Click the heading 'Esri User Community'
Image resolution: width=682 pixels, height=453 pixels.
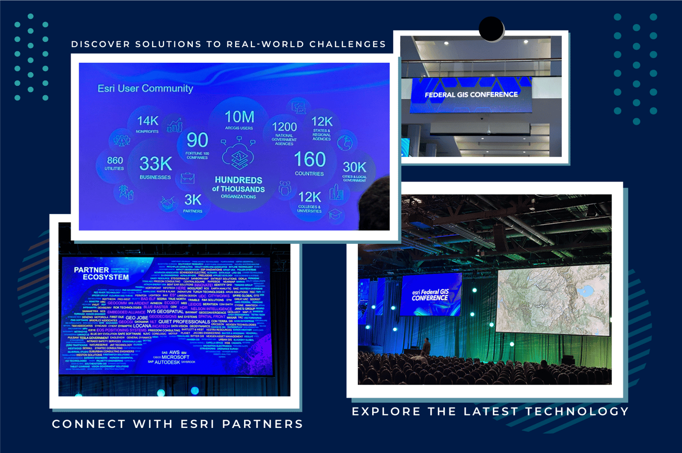click(145, 88)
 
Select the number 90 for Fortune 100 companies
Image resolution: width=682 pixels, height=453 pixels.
click(198, 140)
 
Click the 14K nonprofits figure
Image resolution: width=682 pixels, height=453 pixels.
click(148, 121)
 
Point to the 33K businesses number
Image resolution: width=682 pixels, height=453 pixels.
click(156, 164)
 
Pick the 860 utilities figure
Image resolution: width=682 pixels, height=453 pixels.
click(115, 161)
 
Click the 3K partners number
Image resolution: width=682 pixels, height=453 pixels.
click(193, 199)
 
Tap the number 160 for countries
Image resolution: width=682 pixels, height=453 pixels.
click(309, 160)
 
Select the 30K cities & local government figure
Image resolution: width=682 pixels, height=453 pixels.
click(354, 167)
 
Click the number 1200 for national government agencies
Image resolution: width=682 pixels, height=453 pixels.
click(284, 127)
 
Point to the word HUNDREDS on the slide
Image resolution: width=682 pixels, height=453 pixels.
click(238, 180)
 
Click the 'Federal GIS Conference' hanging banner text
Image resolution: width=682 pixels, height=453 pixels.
click(471, 95)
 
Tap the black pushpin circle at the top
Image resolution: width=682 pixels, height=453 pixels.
click(491, 29)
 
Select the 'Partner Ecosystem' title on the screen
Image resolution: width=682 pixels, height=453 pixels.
click(101, 274)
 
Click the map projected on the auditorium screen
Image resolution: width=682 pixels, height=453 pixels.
click(553, 299)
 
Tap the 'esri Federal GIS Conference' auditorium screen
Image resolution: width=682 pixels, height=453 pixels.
click(430, 295)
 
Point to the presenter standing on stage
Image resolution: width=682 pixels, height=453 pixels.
click(426, 346)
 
